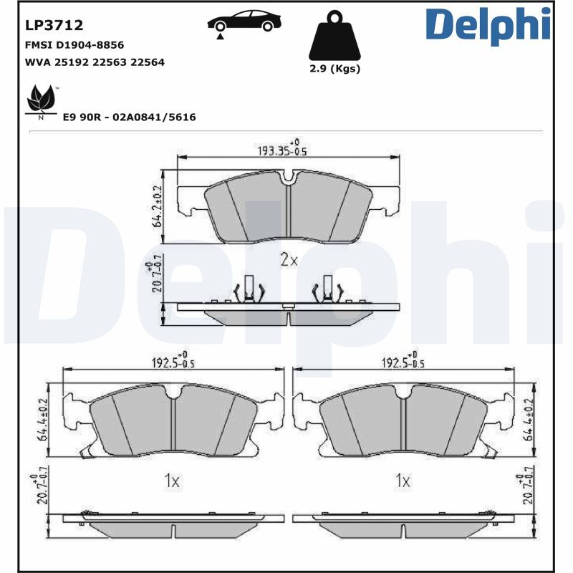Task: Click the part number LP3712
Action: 54,25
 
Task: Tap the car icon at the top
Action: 244,21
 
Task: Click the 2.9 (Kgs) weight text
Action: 335,69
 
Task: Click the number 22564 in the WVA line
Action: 148,62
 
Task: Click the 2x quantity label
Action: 288,260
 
